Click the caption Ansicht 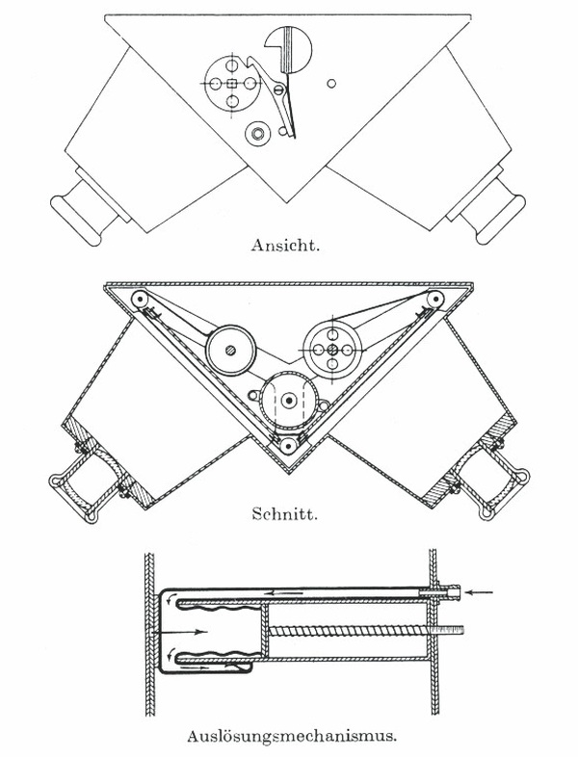[x=285, y=245]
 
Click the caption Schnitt [x=284, y=513]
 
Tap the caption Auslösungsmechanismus [x=292, y=736]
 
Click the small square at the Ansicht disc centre [x=232, y=84]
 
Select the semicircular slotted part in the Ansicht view [x=288, y=49]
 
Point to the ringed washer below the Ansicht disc [x=257, y=132]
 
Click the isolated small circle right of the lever [x=331, y=84]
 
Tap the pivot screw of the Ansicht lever [x=278, y=90]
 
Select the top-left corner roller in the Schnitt [x=140, y=300]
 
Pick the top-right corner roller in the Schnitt [x=435, y=300]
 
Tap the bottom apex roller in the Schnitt [x=288, y=445]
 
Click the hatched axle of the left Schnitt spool [x=231, y=350]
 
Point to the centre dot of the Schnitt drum [x=289, y=400]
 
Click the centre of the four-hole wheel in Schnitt [x=332, y=350]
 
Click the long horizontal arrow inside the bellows [x=179, y=632]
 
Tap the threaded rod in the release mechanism [x=365, y=631]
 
